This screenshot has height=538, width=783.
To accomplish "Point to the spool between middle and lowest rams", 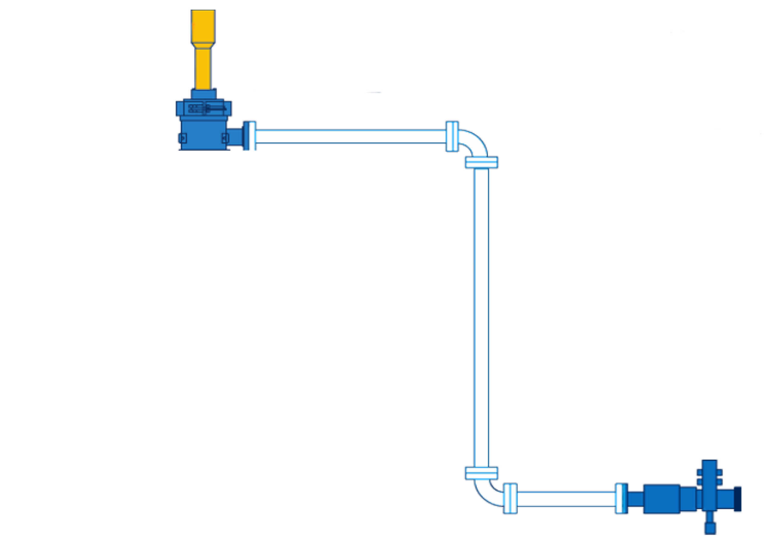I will [203, 373].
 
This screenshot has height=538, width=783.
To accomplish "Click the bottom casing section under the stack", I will [203, 489].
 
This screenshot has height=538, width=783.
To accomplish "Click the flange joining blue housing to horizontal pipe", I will [250, 136].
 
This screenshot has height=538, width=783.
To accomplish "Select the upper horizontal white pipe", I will [351, 137].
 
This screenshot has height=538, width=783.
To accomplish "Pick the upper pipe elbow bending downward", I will [473, 142].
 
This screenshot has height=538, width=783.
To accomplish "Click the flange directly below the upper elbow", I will [481, 162].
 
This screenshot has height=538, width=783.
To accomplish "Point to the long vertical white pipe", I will [481, 317].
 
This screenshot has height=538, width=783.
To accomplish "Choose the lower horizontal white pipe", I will [566, 499].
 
